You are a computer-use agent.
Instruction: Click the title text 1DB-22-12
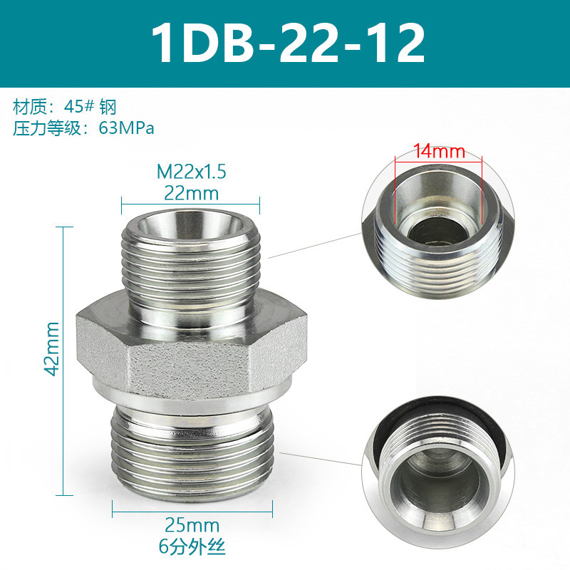point(288,43)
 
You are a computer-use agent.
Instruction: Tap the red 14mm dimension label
point(439,151)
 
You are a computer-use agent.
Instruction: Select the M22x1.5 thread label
point(191,172)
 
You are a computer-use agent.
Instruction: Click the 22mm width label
point(191,193)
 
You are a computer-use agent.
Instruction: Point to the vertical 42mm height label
point(51,348)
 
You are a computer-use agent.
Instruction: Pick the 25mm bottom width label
point(192,525)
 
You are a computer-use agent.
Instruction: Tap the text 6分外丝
point(192,546)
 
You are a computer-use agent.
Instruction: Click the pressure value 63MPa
point(126,128)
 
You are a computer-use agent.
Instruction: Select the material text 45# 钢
point(90,107)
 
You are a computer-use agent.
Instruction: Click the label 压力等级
point(47,128)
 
